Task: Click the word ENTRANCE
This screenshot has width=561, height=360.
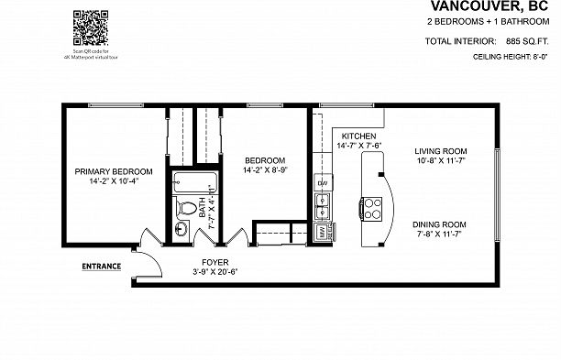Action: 102,267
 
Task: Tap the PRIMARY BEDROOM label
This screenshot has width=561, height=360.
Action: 114,170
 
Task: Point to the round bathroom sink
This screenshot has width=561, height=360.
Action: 181,229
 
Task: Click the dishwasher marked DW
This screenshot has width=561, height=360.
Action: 323,183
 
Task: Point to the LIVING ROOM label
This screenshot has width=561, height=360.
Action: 441,151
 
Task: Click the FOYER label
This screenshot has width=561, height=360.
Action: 214,261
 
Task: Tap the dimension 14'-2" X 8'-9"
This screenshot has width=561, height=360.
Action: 265,169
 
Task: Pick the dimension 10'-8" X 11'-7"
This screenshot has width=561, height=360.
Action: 441,161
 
